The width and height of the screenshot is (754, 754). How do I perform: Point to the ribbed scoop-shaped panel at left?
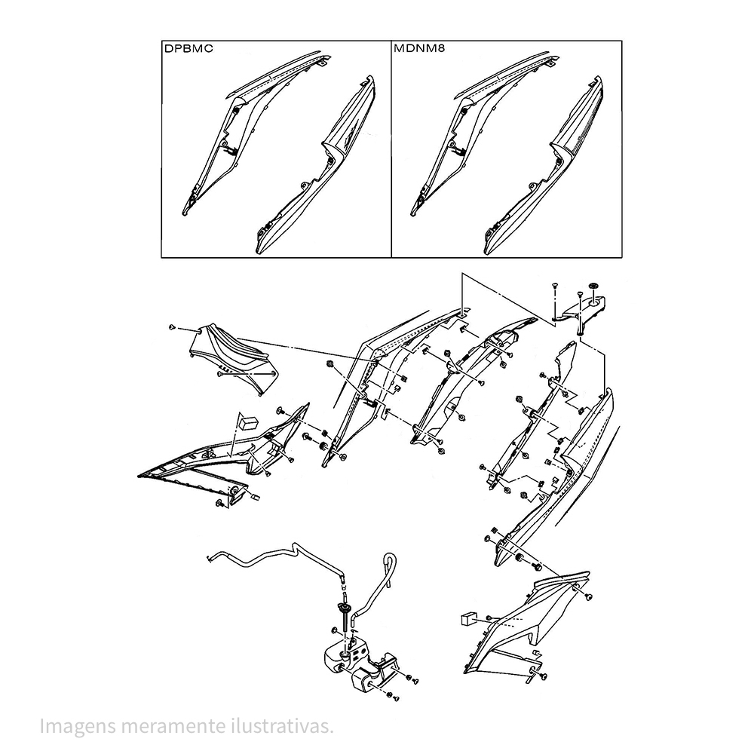pos(234,358)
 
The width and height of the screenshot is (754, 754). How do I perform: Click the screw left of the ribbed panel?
pos(173,328)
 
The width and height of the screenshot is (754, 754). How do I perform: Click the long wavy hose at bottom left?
pos(271,562)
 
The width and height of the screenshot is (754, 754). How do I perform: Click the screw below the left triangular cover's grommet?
pos(219,502)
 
